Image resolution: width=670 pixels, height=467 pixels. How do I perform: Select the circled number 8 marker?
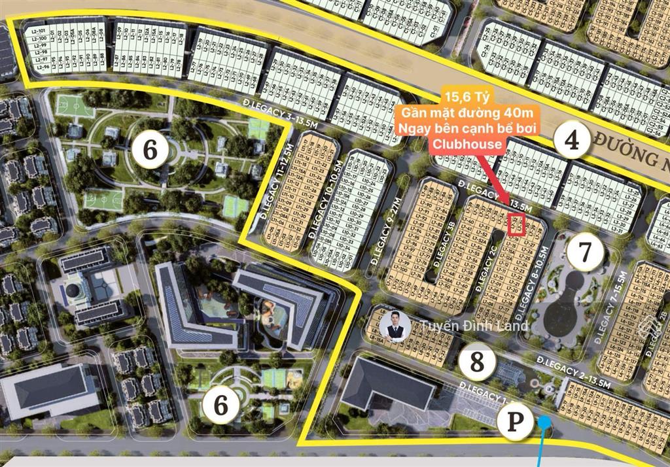point(477,361)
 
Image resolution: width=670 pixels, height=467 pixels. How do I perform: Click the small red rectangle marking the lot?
point(517,224)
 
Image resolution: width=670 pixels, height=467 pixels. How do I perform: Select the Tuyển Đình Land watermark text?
point(474,326)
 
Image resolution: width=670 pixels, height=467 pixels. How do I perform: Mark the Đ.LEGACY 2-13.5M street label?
point(574,371)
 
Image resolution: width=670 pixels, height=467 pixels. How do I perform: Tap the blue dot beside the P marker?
point(544,423)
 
